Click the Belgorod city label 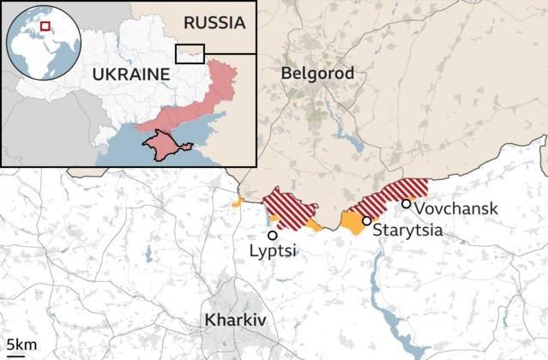(317, 74)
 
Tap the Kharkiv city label (235, 321)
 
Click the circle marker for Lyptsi (272, 235)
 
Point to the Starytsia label (407, 230)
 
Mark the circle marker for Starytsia (366, 221)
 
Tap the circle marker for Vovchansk (406, 203)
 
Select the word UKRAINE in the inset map (131, 75)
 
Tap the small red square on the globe (45, 27)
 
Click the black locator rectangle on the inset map (190, 53)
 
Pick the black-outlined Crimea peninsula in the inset (166, 146)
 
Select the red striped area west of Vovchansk (382, 198)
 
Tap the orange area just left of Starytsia (352, 223)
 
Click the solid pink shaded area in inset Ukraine (202, 107)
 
